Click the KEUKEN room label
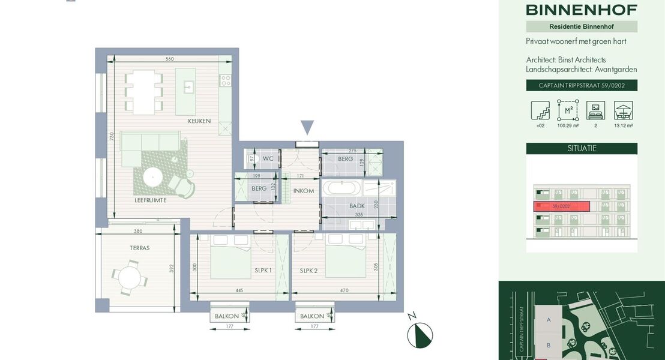click(x=199, y=121)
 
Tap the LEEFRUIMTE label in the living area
click(x=151, y=200)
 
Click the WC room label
click(x=268, y=159)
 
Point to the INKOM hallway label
click(x=303, y=191)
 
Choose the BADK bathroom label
click(x=357, y=206)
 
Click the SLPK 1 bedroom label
click(x=262, y=271)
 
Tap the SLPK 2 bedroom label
click(x=308, y=271)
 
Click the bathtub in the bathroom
click(x=342, y=188)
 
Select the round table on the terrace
click(x=129, y=277)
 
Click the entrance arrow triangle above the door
click(x=307, y=127)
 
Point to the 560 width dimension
click(x=169, y=59)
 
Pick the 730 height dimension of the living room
click(x=111, y=137)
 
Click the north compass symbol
click(x=420, y=335)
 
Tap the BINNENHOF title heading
click(x=581, y=10)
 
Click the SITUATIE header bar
click(x=581, y=148)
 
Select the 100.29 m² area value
click(x=567, y=126)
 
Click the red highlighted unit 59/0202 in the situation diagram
click(x=561, y=206)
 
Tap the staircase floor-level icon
click(x=540, y=110)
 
